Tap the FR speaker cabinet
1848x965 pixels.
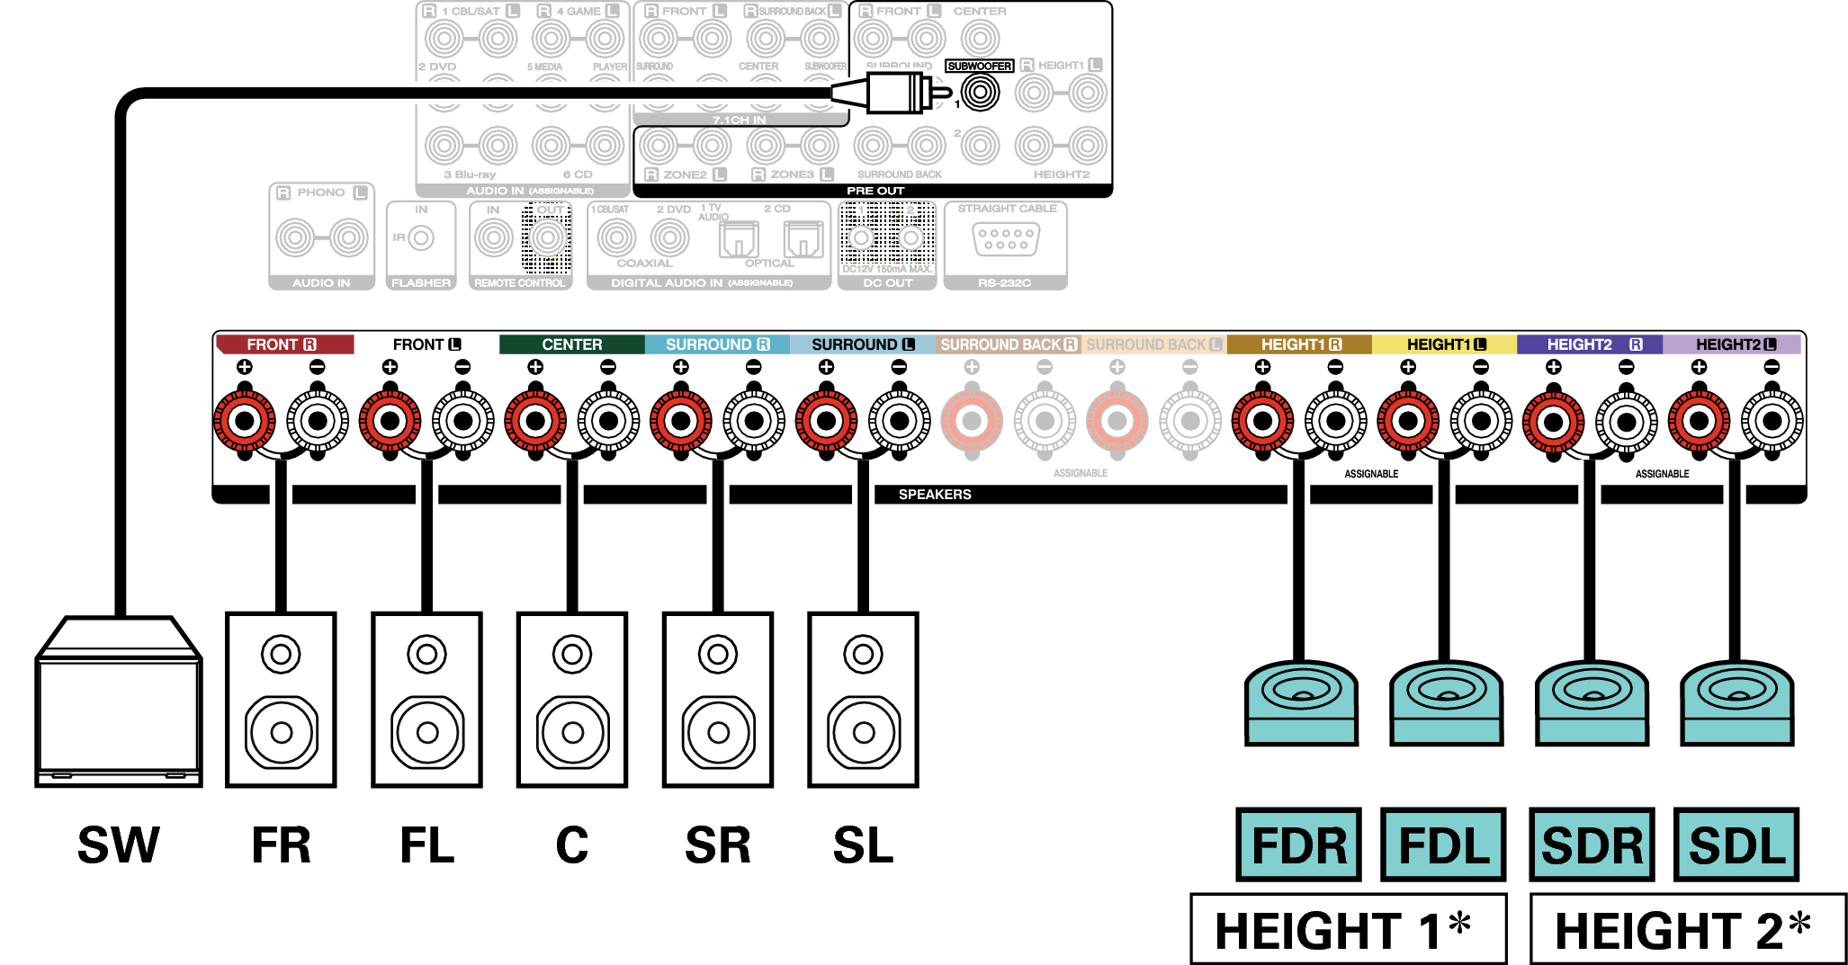click(281, 700)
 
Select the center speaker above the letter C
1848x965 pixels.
click(572, 700)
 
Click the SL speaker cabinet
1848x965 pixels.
click(863, 700)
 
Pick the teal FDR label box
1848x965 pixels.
click(1298, 844)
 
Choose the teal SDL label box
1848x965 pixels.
click(1736, 844)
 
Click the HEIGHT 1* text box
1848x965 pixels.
click(1348, 929)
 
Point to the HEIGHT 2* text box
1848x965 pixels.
click(1687, 929)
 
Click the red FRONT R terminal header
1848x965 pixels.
click(283, 344)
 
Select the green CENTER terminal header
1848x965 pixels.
click(572, 344)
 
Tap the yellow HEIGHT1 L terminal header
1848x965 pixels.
click(1445, 344)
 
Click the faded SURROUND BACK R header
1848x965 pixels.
click(1008, 344)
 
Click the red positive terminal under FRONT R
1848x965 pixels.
click(245, 420)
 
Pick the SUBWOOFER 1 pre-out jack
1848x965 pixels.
click(980, 92)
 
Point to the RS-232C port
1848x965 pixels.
click(1006, 239)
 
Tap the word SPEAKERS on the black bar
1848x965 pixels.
click(935, 495)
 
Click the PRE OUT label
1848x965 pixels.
click(875, 191)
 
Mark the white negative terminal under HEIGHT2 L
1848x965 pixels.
click(1772, 420)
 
